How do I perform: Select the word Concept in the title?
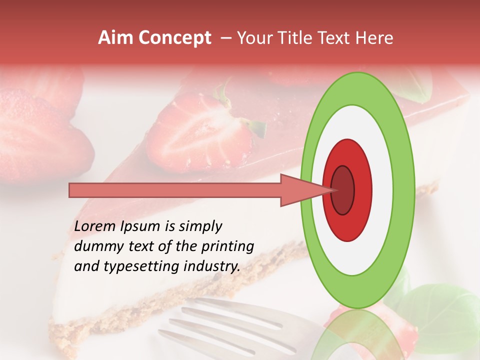pos(175,38)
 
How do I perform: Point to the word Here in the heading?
pos(375,38)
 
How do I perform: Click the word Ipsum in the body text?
pos(140,227)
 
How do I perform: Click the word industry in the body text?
pos(210,266)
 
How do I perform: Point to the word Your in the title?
pos(252,38)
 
